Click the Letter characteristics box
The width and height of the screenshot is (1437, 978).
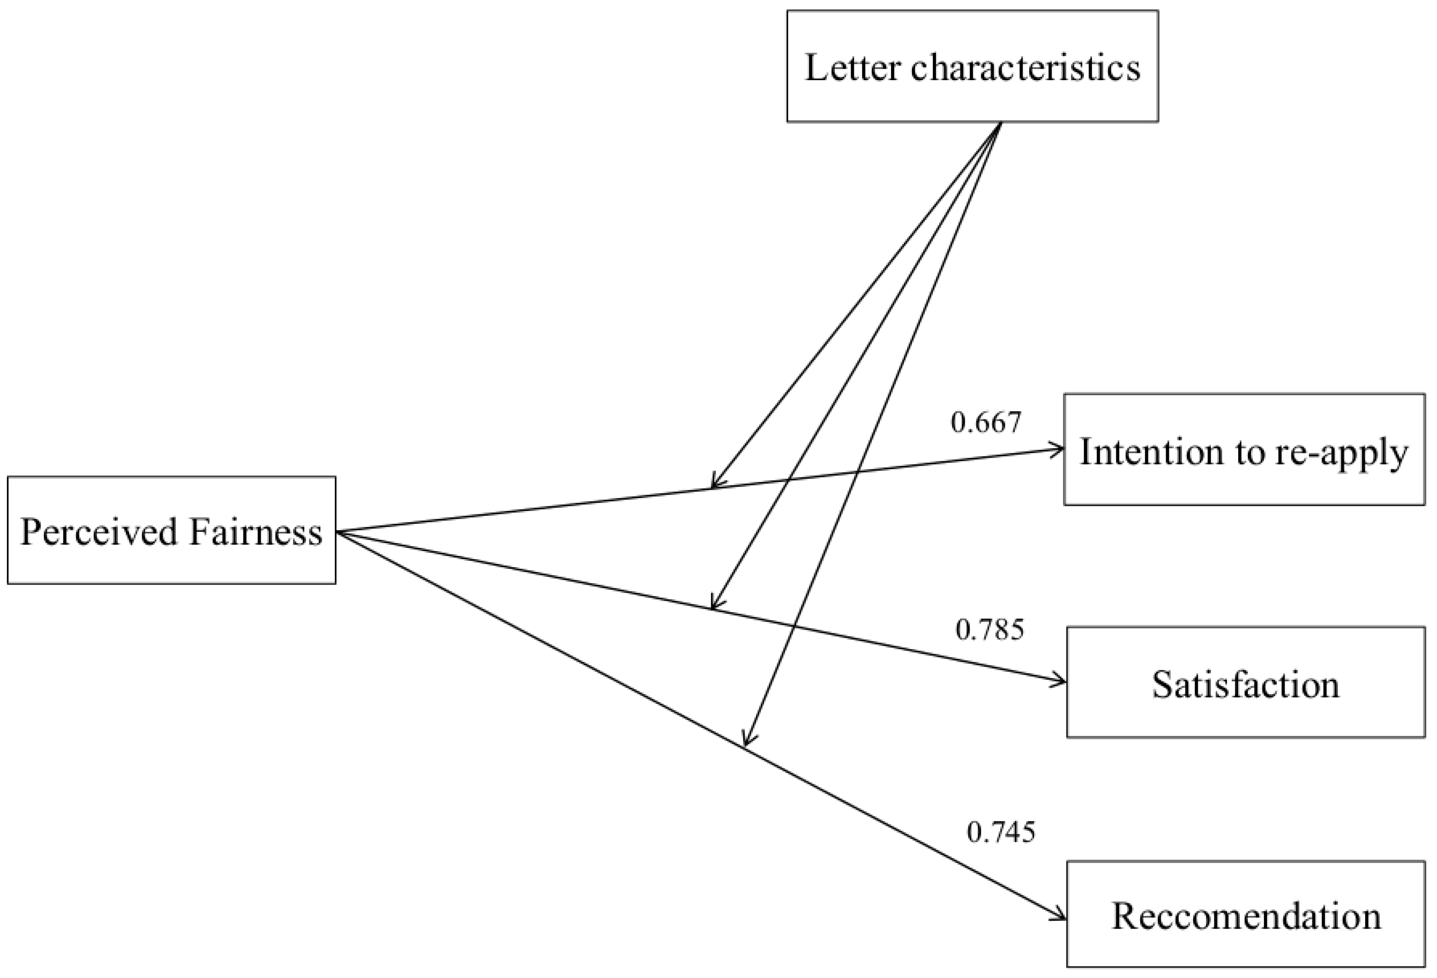coord(972,66)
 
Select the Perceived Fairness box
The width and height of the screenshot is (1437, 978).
coord(171,530)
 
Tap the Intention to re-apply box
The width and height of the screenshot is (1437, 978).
coord(1243,449)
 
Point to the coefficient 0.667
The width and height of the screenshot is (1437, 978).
coord(986,422)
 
